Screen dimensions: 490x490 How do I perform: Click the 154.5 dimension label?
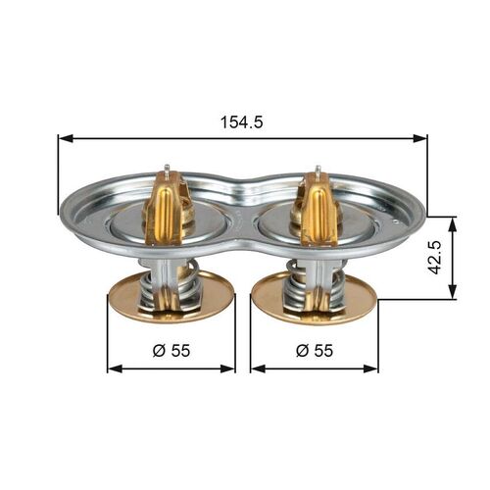pyautogui.click(x=243, y=123)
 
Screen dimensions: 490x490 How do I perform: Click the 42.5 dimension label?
pyautogui.click(x=472, y=257)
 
